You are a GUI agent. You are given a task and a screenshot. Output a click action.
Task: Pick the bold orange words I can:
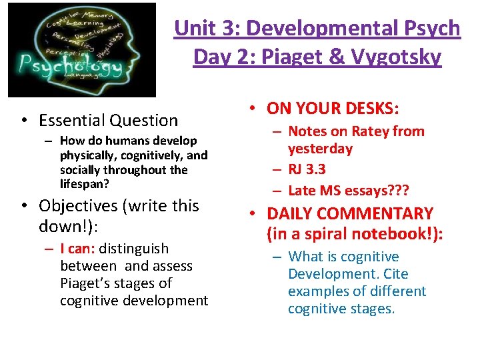coord(80,249)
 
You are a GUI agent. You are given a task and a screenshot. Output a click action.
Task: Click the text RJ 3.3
coord(307,169)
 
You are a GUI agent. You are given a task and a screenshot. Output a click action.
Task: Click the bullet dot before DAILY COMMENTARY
coord(254,214)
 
